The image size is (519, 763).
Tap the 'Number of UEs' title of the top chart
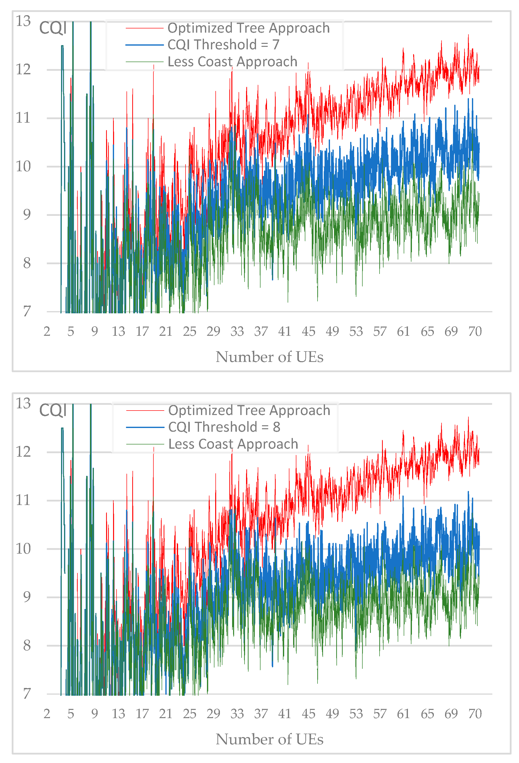269,357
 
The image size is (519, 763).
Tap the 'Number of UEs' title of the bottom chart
269,739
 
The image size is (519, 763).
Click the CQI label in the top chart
53,28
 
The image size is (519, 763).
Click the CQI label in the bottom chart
53,410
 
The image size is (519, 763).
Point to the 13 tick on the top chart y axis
23,21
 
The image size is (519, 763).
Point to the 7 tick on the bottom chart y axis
27,693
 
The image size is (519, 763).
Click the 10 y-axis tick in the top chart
23,167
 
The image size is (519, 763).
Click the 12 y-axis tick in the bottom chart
23,452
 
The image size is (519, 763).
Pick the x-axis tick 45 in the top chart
308,332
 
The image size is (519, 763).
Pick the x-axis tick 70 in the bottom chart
475,714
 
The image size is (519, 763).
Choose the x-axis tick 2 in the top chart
47,332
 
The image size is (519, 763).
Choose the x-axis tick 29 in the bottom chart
213,714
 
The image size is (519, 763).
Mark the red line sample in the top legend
144,28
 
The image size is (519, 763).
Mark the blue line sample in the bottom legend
145,427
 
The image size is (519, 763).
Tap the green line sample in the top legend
144,62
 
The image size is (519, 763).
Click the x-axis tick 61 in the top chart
403,332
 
